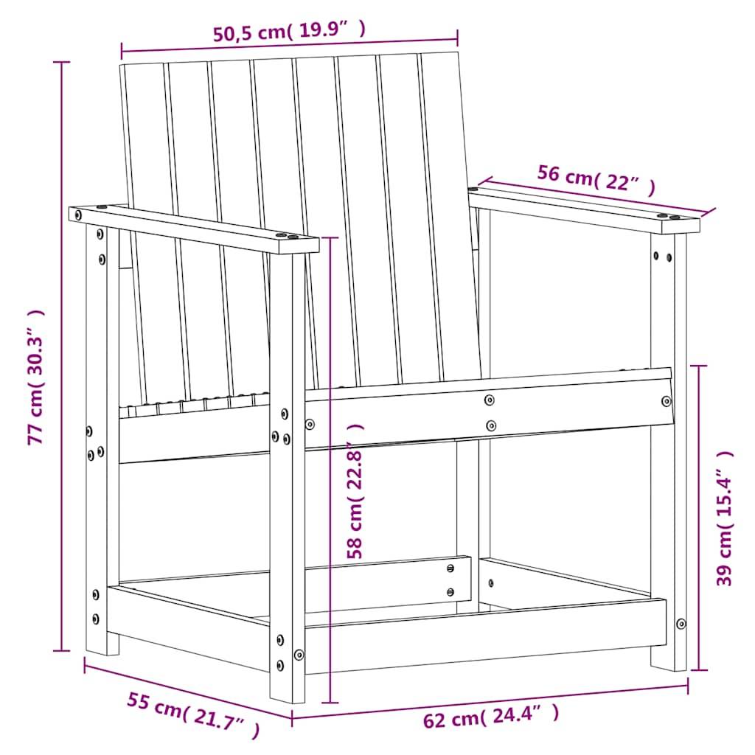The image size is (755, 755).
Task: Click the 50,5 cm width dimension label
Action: click(289, 31)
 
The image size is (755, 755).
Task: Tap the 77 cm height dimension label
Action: click(36, 377)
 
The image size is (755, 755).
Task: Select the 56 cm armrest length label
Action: click(596, 180)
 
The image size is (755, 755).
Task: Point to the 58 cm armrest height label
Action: click(355, 490)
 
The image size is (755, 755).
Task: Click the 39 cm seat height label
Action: click(724, 518)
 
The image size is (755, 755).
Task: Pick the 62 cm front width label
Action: click(490, 716)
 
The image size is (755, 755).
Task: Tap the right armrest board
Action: click(584, 210)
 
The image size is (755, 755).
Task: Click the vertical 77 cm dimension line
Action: click(61, 356)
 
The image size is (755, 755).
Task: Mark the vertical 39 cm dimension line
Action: click(699, 518)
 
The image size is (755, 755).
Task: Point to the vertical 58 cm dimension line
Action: click(330, 470)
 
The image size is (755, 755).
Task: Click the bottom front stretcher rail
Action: click(485, 636)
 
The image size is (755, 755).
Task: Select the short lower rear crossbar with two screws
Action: click(388, 584)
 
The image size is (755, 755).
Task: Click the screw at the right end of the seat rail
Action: click(667, 401)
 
